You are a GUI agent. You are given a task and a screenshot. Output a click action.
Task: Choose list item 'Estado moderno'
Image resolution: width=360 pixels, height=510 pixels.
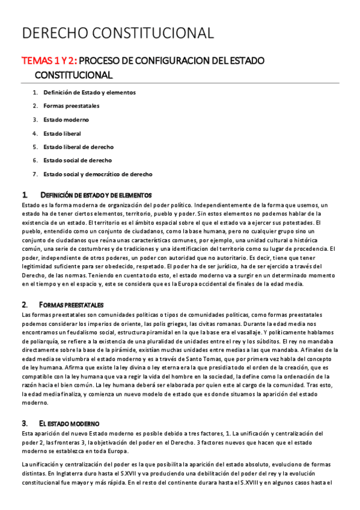66,120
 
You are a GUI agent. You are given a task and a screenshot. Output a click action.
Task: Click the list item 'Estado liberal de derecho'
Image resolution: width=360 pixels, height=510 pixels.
78,147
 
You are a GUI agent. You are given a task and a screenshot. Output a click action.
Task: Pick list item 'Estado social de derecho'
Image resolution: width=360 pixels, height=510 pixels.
77,161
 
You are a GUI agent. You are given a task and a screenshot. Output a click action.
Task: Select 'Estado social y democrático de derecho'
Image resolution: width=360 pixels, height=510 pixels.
97,174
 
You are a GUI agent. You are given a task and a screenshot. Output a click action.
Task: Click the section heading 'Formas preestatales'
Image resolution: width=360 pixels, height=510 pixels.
71,305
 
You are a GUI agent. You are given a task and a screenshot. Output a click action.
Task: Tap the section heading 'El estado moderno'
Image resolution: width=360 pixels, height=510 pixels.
69,423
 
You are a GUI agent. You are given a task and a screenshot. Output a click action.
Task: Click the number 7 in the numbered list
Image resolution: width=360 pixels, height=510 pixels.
35,174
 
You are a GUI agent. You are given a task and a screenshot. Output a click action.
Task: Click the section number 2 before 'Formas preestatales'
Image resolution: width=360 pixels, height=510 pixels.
23,305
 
